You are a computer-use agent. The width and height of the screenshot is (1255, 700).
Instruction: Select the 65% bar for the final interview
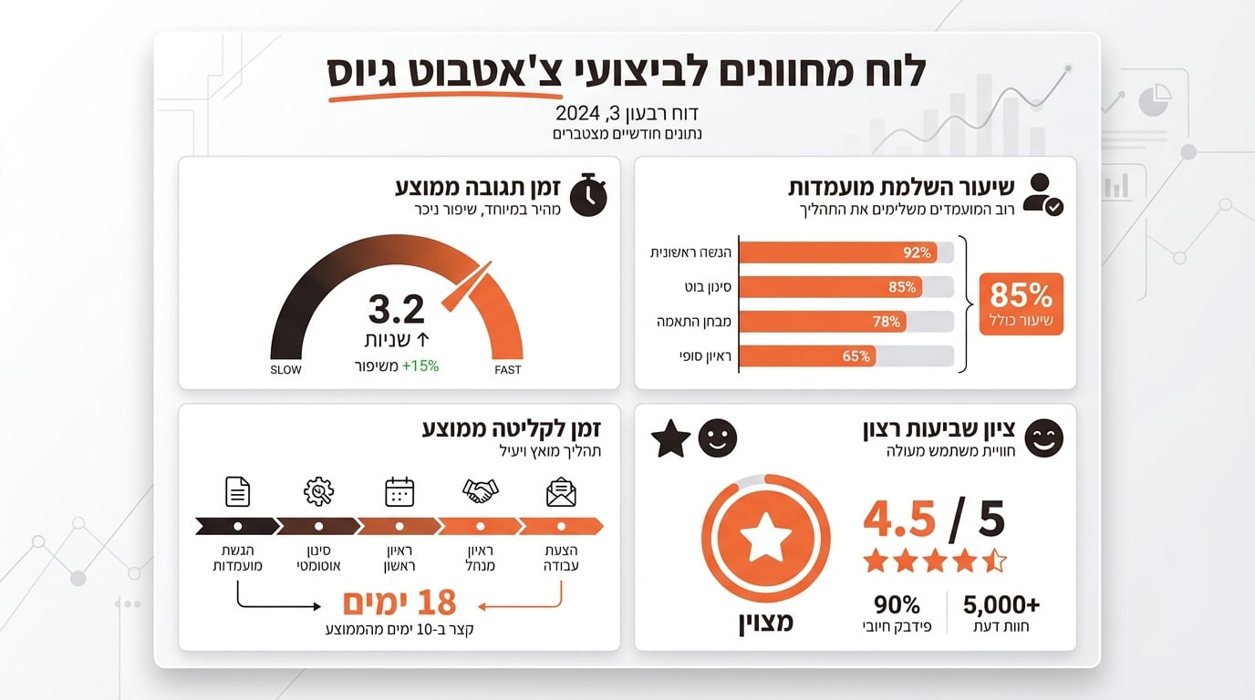click(x=806, y=356)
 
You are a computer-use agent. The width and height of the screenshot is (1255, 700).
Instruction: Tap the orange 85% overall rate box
click(x=1021, y=304)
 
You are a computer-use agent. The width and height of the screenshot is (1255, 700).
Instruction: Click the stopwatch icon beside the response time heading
click(x=588, y=194)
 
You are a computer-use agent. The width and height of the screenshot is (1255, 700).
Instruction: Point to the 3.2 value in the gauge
click(x=397, y=310)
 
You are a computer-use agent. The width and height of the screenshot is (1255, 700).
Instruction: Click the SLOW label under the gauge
click(x=285, y=370)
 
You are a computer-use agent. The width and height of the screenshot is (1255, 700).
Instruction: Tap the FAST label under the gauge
click(x=508, y=370)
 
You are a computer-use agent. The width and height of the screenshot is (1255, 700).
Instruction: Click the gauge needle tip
click(x=489, y=264)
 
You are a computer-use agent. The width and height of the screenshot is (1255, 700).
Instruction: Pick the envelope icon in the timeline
click(x=561, y=492)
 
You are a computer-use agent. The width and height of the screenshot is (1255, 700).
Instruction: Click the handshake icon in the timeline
click(x=481, y=492)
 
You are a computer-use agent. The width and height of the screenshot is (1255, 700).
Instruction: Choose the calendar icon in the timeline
click(x=399, y=492)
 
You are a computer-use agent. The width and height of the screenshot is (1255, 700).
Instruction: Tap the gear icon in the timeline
click(x=318, y=492)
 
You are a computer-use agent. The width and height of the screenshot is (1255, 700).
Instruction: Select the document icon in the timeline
click(x=237, y=492)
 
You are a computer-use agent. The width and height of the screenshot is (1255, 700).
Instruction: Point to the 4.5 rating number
click(x=899, y=520)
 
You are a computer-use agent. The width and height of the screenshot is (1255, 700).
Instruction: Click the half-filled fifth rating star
click(x=994, y=561)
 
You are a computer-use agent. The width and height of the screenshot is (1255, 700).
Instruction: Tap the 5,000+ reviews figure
click(x=1001, y=605)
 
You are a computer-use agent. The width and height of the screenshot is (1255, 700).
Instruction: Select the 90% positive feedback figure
click(x=897, y=605)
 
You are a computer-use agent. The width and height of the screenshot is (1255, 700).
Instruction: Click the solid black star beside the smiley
click(x=671, y=439)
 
